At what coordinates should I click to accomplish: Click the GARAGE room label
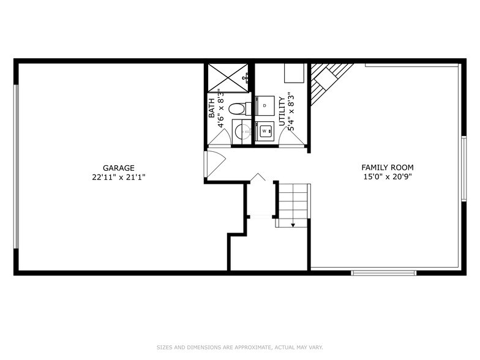118,168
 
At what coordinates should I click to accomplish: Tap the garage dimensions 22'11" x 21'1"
118,177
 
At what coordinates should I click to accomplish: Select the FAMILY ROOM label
387,167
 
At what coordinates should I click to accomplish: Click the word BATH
212,108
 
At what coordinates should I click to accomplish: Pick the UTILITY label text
282,111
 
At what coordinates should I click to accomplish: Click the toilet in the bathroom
236,109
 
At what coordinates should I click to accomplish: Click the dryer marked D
264,105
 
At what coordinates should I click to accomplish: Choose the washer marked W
264,131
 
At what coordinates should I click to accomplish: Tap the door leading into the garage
214,164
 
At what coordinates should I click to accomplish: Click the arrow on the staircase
293,225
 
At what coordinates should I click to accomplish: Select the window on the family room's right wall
463,168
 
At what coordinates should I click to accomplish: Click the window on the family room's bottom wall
383,272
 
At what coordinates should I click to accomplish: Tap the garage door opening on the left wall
17,166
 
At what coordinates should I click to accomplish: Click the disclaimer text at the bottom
239,347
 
